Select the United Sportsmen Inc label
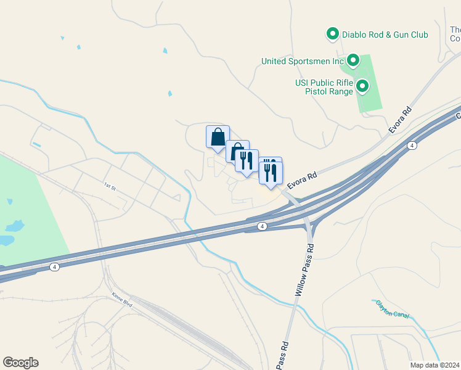coord(302,61)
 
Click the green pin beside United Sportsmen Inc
coord(353,60)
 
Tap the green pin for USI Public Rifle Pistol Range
coord(362,86)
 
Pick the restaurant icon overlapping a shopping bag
coord(247,160)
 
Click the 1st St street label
coord(110,186)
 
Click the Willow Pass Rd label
coord(304,269)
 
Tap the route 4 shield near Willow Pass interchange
coord(263,227)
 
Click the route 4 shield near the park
coord(55,267)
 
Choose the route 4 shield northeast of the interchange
coord(412,146)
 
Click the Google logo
coord(20,363)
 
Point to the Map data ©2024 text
coord(434,365)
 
